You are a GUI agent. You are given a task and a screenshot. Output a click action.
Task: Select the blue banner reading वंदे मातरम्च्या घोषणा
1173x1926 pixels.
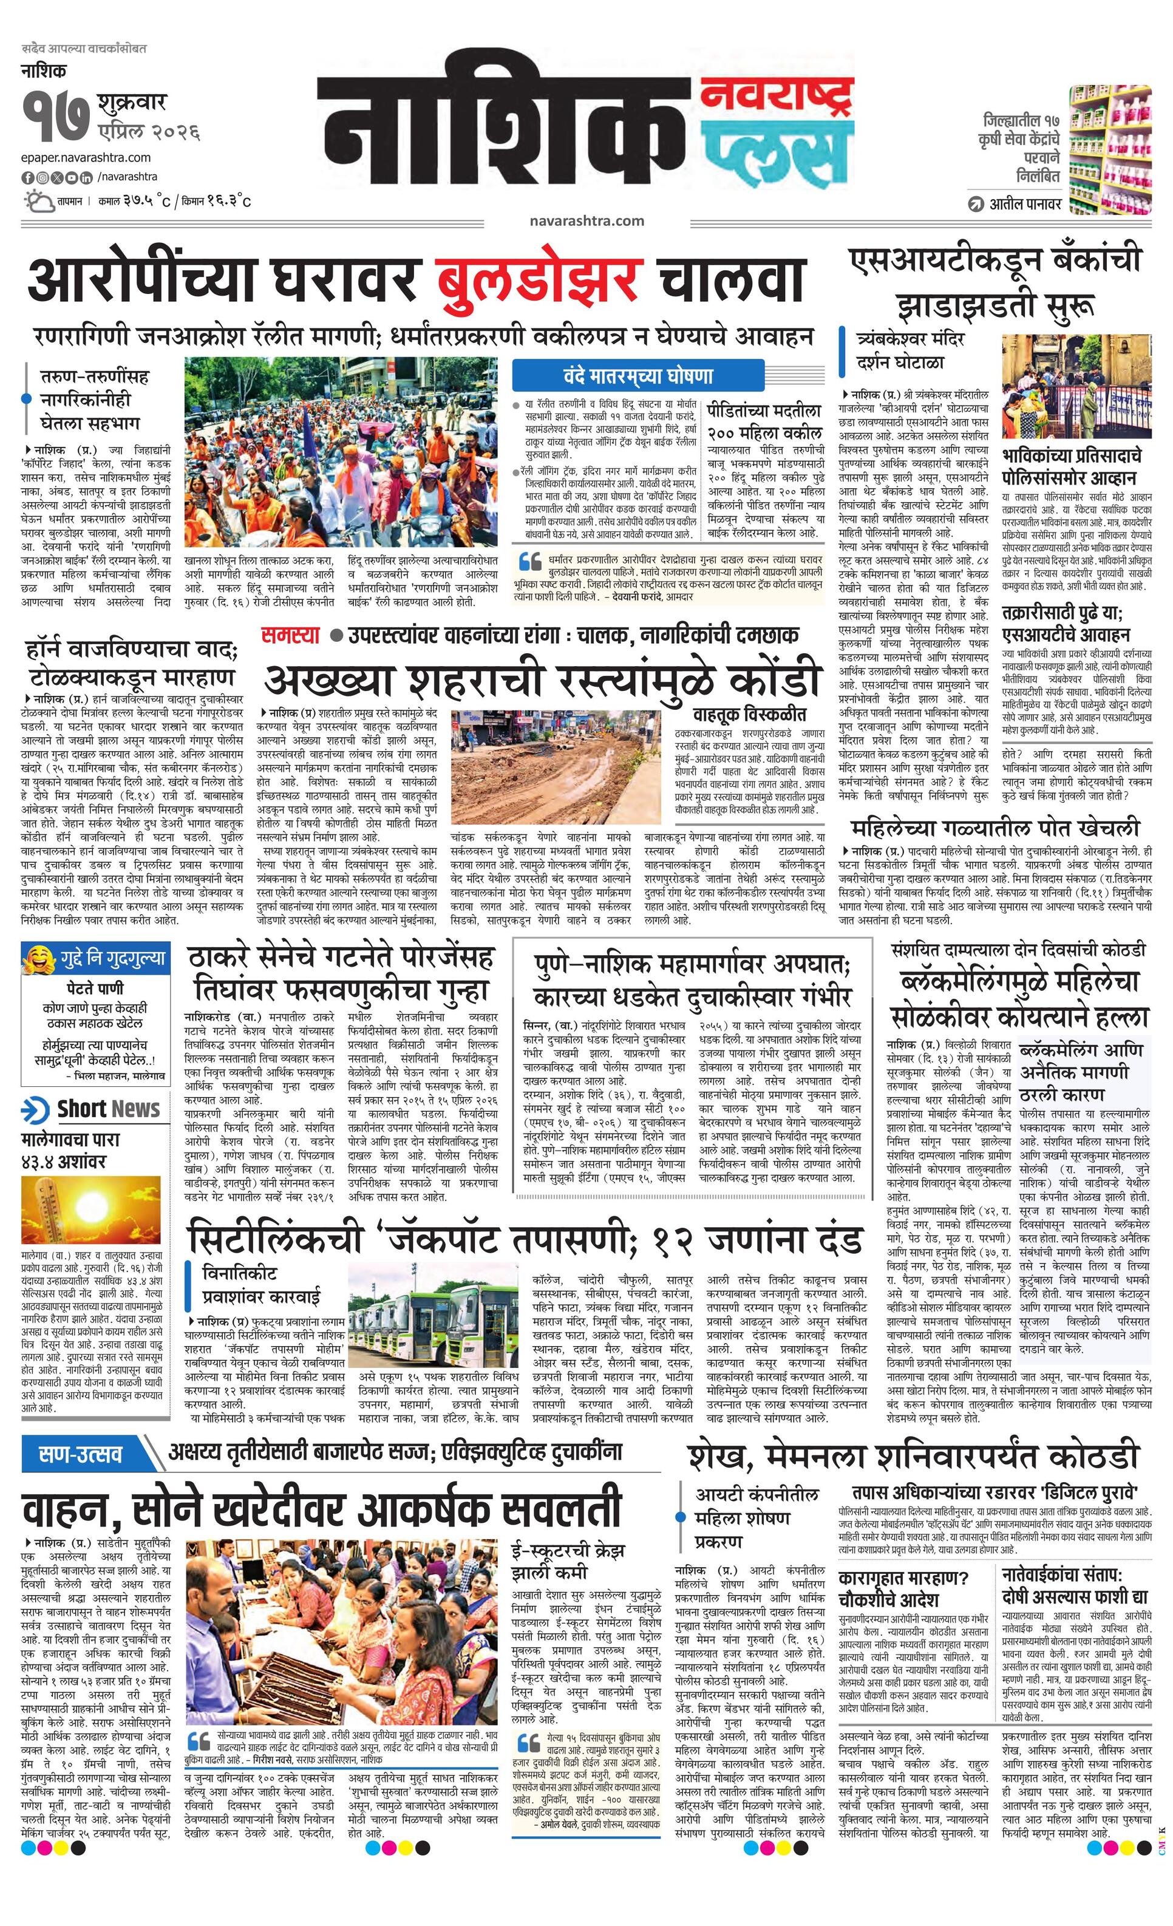pyautogui.click(x=637, y=376)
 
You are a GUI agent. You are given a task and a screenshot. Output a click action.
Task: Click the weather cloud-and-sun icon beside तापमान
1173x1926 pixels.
pyautogui.click(x=38, y=202)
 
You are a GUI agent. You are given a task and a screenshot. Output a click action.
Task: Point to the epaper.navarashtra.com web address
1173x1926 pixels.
pyautogui.click(x=86, y=158)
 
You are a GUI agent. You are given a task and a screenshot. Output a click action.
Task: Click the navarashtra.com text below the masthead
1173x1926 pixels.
pyautogui.click(x=586, y=220)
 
